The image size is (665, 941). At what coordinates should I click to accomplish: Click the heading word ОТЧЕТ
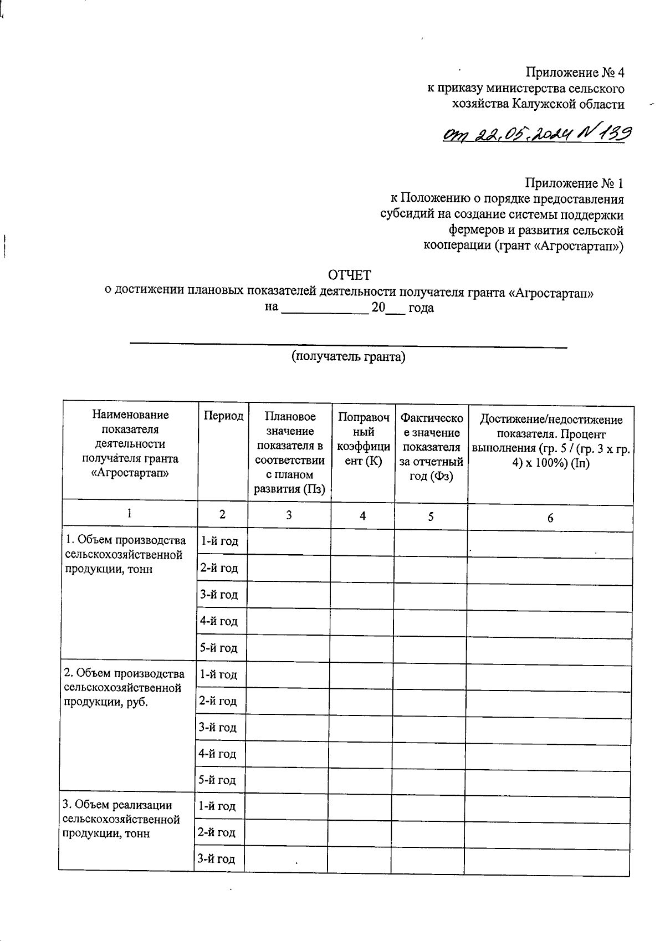(x=349, y=275)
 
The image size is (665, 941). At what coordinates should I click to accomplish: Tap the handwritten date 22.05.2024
(x=518, y=133)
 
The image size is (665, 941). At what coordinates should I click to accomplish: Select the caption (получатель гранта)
(x=349, y=357)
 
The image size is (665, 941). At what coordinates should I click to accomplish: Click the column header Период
(x=223, y=416)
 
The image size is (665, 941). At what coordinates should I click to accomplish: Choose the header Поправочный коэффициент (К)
(x=363, y=439)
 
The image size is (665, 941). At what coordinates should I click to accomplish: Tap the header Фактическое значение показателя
(x=431, y=446)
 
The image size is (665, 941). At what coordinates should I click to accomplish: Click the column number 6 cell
(x=550, y=518)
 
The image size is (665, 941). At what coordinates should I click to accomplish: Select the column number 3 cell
(x=289, y=515)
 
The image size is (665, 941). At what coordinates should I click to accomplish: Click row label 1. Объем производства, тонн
(x=125, y=554)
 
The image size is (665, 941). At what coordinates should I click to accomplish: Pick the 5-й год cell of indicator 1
(x=219, y=648)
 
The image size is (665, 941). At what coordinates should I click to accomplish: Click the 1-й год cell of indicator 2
(x=219, y=674)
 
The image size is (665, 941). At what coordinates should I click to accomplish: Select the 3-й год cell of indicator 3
(x=217, y=859)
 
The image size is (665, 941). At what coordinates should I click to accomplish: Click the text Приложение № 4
(x=575, y=73)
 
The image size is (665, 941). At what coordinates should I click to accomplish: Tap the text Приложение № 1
(x=575, y=183)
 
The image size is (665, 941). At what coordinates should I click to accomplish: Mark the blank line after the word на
(x=325, y=309)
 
